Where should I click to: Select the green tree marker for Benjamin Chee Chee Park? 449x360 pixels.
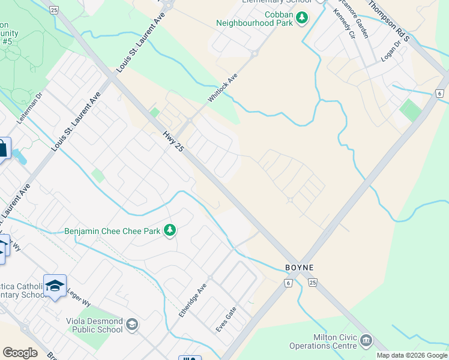(x=170, y=230)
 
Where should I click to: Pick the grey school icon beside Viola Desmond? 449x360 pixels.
(x=131, y=325)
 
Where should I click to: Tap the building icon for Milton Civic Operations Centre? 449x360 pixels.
(x=366, y=342)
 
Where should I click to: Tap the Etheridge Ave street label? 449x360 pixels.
(x=193, y=301)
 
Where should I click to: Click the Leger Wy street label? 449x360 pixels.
(x=78, y=287)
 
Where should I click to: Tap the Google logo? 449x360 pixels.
(x=20, y=353)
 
